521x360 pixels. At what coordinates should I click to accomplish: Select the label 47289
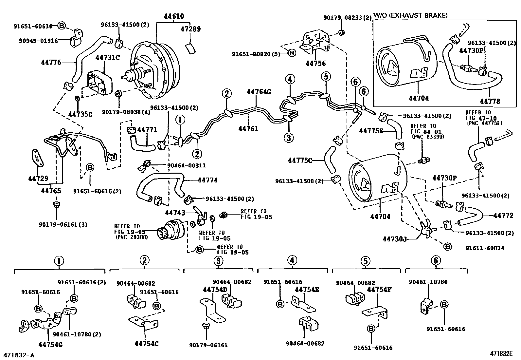pyautogui.click(x=190, y=29)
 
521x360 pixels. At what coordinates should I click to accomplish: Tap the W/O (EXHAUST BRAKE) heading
pyautogui.click(x=410, y=15)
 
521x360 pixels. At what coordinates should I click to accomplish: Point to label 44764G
pyautogui.click(x=259, y=92)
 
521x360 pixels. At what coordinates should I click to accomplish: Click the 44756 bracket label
pyautogui.click(x=316, y=64)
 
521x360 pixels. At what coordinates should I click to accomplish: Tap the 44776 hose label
pyautogui.click(x=51, y=62)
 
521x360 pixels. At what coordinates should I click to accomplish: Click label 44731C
pyautogui.click(x=108, y=58)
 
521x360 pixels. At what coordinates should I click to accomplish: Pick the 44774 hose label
pyautogui.click(x=207, y=180)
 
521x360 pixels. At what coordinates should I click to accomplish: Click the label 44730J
pyautogui.click(x=394, y=239)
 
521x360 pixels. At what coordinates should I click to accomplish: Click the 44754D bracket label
pyautogui.click(x=215, y=290)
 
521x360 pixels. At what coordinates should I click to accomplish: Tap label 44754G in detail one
pyautogui.click(x=50, y=344)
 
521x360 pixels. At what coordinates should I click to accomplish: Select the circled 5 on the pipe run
pyautogui.click(x=326, y=77)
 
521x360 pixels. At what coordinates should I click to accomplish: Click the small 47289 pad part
pyautogui.click(x=190, y=48)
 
